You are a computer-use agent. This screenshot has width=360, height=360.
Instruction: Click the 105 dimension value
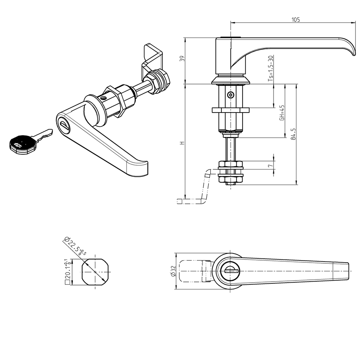296,20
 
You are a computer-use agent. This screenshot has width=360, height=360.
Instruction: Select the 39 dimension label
182,59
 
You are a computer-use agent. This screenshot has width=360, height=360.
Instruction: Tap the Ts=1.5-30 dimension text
270,69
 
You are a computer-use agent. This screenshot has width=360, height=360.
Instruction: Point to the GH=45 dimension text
282,112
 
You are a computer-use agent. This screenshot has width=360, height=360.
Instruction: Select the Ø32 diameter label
173,271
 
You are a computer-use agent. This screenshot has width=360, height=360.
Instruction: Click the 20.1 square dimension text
67,272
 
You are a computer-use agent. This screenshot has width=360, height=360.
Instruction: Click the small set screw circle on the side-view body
230,95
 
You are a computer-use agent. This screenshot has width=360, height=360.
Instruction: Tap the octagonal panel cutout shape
95,272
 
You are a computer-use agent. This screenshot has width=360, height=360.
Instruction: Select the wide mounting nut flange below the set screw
230,110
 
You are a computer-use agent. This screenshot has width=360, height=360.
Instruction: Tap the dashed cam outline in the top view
192,271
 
